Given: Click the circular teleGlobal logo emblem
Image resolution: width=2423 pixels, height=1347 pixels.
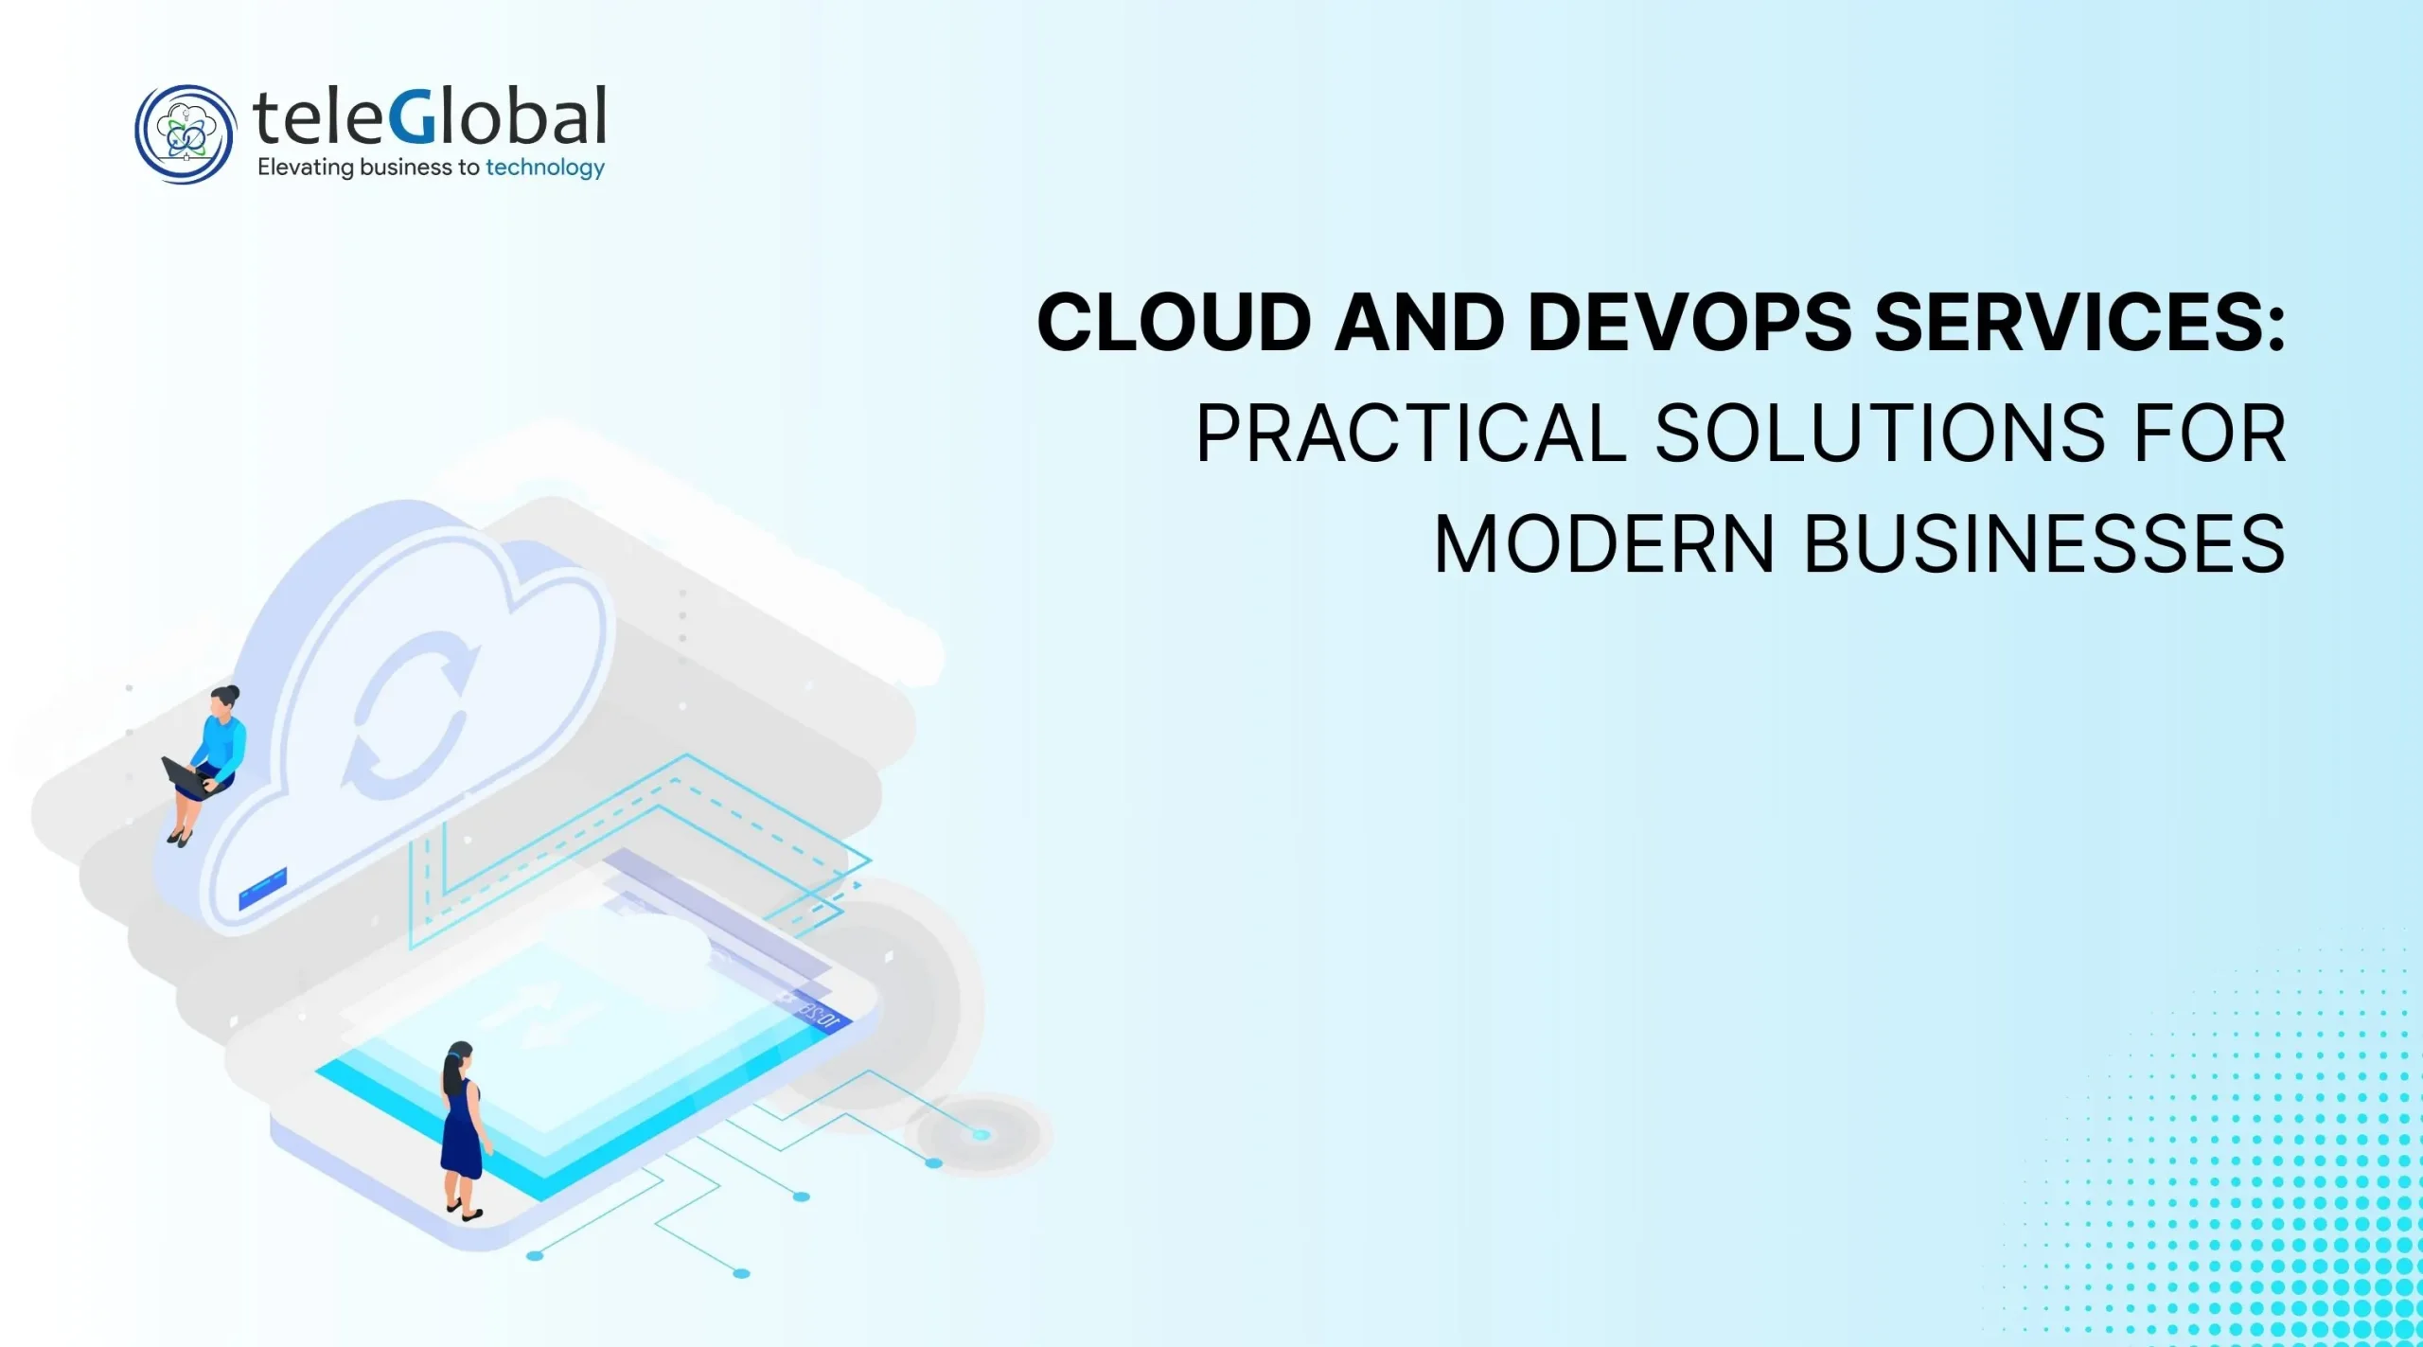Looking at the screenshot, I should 185,134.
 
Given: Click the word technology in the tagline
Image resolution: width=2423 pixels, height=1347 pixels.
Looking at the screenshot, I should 545,168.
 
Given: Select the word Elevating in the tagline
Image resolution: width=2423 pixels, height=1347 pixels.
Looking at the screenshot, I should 305,168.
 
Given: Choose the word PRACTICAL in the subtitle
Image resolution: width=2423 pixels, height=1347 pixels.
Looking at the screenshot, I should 1411,434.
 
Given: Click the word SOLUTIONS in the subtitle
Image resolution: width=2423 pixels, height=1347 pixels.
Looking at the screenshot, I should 1878,434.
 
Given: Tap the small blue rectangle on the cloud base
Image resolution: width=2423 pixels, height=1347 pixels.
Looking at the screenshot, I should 262,888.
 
